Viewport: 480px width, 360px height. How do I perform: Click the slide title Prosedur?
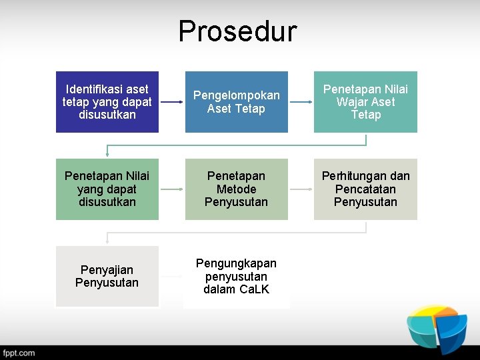237,31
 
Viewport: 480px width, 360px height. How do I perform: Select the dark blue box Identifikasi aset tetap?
107,102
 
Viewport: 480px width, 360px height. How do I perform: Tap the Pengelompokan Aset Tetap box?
237,102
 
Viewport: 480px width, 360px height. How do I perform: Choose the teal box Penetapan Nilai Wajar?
365,102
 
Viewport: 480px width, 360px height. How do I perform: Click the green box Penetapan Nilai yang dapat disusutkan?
107,189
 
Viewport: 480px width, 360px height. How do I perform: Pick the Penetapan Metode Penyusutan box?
237,189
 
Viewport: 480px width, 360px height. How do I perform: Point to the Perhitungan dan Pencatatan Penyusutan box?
365,189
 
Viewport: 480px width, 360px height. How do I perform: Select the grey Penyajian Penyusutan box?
107,276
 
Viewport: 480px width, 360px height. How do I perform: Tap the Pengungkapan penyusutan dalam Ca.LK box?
237,276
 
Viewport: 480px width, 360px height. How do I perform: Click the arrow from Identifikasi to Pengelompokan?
172,102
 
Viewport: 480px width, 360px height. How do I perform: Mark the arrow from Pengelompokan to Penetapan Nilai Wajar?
301,102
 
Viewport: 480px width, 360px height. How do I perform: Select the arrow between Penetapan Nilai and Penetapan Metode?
172,189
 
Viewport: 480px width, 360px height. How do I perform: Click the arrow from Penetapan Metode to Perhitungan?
301,189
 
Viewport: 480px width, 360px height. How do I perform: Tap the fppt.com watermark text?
19,353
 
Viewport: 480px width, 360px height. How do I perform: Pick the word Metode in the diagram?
237,189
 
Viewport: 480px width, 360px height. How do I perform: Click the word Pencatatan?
365,189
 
